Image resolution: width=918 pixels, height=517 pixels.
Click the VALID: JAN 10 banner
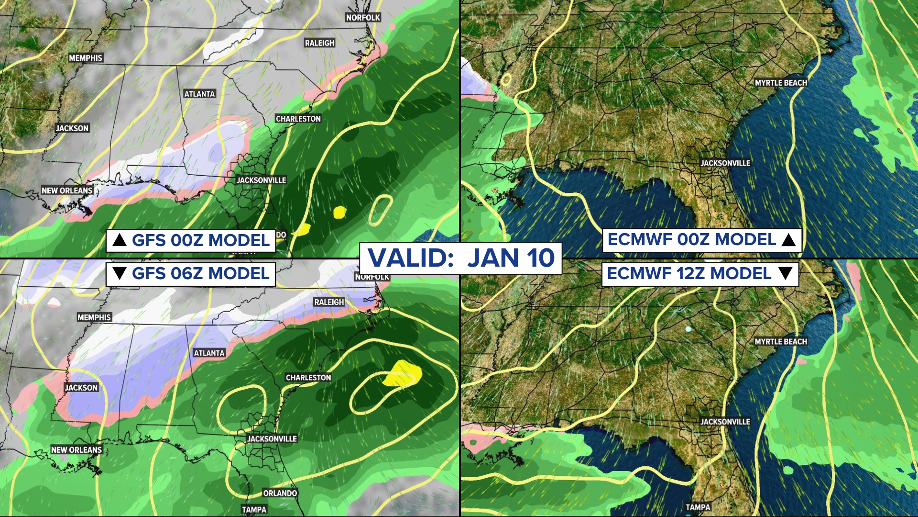point(460,258)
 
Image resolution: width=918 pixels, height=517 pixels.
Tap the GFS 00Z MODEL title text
point(201,240)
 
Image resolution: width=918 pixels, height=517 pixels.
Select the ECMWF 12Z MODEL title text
point(689,274)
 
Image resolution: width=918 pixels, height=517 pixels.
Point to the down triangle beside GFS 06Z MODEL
point(119,274)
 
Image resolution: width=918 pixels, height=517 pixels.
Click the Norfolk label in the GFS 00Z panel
point(363,18)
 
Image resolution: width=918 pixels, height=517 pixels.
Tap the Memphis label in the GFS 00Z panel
point(86,58)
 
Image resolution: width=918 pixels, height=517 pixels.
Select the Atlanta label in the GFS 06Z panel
point(209,353)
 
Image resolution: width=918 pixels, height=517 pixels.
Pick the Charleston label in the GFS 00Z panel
point(298,119)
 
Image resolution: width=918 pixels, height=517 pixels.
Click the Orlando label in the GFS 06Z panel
point(280,493)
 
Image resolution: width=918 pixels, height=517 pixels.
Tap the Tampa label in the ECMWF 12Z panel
point(698,507)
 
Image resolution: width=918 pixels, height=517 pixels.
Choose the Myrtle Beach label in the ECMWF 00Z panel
point(781,83)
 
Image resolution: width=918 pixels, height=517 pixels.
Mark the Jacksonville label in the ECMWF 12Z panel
point(725,422)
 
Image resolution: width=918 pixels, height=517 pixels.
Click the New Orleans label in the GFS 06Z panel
point(76,450)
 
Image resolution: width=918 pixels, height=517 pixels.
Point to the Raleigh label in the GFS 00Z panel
point(319,43)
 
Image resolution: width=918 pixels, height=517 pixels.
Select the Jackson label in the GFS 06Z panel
point(81,388)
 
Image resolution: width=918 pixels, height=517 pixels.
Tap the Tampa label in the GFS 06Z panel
point(254,510)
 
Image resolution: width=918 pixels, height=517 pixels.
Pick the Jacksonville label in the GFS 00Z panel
point(261,180)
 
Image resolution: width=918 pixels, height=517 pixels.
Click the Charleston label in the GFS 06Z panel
point(308,378)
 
